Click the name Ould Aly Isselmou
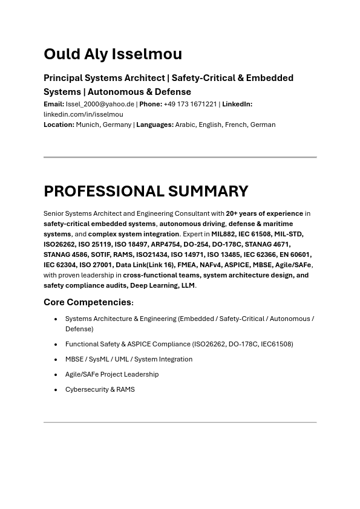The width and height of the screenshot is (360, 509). pyautogui.click(x=113, y=54)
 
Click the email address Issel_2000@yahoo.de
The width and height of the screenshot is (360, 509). pyautogui.click(x=100, y=104)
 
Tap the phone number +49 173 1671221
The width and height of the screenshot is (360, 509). pyautogui.click(x=190, y=104)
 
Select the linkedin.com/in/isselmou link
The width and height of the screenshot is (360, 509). pyautogui.click(x=83, y=114)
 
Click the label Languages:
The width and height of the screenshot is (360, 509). pyautogui.click(x=155, y=125)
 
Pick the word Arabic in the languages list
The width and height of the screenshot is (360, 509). pyautogui.click(x=185, y=125)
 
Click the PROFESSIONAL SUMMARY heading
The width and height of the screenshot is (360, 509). pyautogui.click(x=146, y=191)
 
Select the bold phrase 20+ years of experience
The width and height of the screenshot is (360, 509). pyautogui.click(x=264, y=213)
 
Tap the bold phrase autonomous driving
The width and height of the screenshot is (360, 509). pyautogui.click(x=192, y=224)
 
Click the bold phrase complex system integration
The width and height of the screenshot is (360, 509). pyautogui.click(x=134, y=234)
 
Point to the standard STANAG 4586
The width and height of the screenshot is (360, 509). pyautogui.click(x=65, y=254)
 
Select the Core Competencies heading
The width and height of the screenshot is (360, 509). pyautogui.click(x=88, y=302)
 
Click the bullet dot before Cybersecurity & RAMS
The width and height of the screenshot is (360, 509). pyautogui.click(x=56, y=390)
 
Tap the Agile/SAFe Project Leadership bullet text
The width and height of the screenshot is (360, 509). pyautogui.click(x=112, y=374)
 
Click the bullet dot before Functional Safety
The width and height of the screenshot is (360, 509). pyautogui.click(x=56, y=345)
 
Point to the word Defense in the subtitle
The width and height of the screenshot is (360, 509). pyautogui.click(x=173, y=92)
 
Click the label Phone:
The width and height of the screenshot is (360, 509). pyautogui.click(x=151, y=104)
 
